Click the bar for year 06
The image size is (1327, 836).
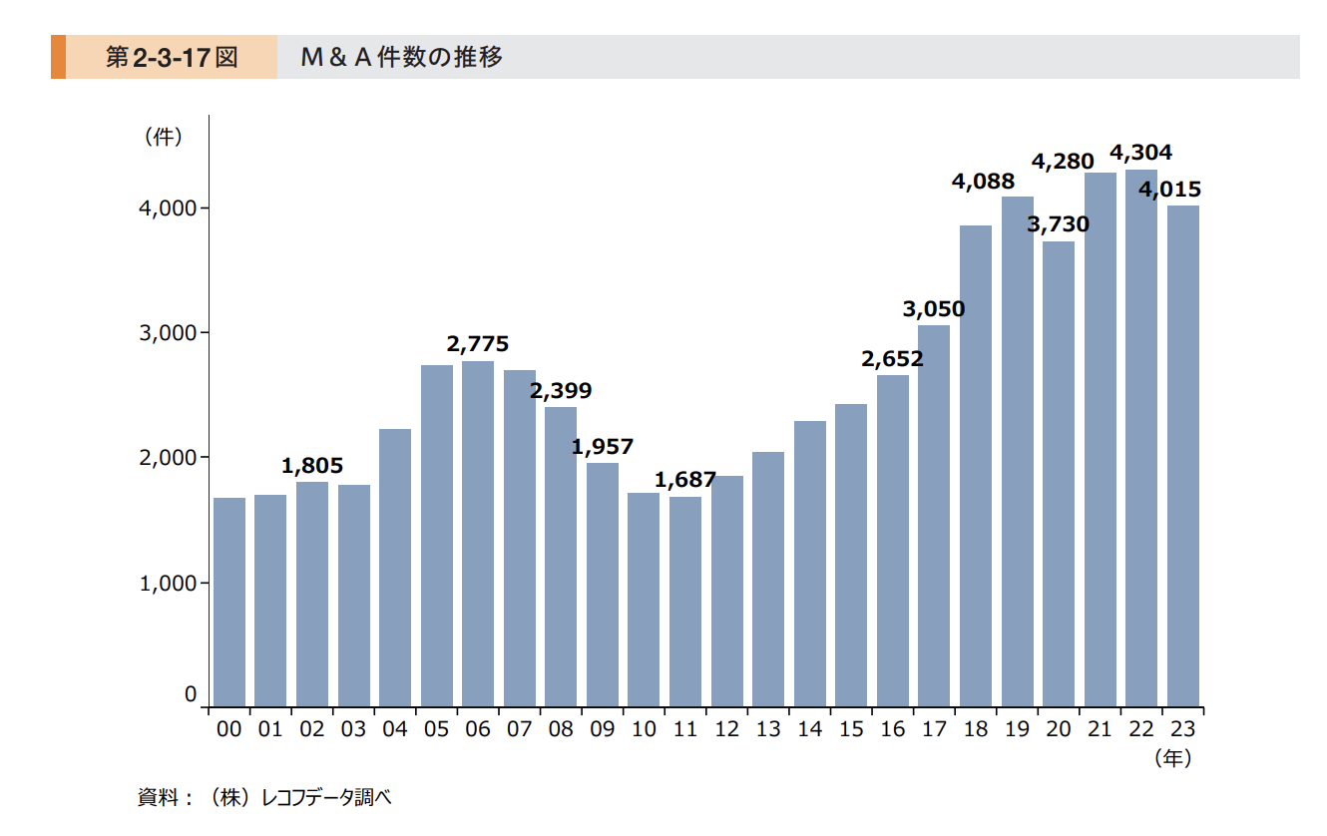click(478, 534)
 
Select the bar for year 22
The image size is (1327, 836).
click(1141, 438)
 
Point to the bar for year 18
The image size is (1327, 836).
click(976, 466)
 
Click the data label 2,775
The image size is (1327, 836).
click(478, 344)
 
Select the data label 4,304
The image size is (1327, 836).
click(1141, 153)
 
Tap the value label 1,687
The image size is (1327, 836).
click(685, 480)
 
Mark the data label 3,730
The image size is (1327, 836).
click(1059, 224)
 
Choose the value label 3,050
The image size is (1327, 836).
click(934, 308)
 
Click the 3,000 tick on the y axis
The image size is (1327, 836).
click(168, 332)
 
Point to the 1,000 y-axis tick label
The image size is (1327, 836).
click(168, 583)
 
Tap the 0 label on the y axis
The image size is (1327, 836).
click(190, 695)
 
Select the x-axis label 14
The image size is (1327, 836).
click(809, 729)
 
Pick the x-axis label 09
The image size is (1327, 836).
click(602, 729)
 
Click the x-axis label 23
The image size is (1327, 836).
click(1182, 729)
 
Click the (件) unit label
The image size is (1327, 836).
click(163, 138)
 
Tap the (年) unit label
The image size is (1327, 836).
click(1172, 758)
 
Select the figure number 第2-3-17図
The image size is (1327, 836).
click(172, 57)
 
